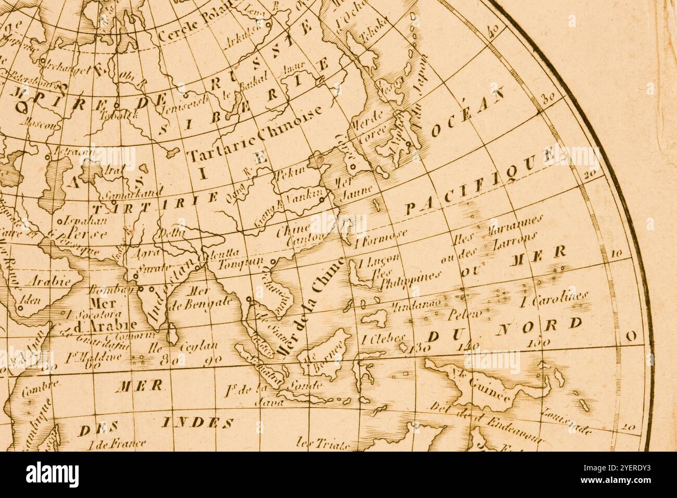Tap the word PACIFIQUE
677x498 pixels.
[x=479, y=182]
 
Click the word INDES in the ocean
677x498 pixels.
[x=198, y=422]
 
